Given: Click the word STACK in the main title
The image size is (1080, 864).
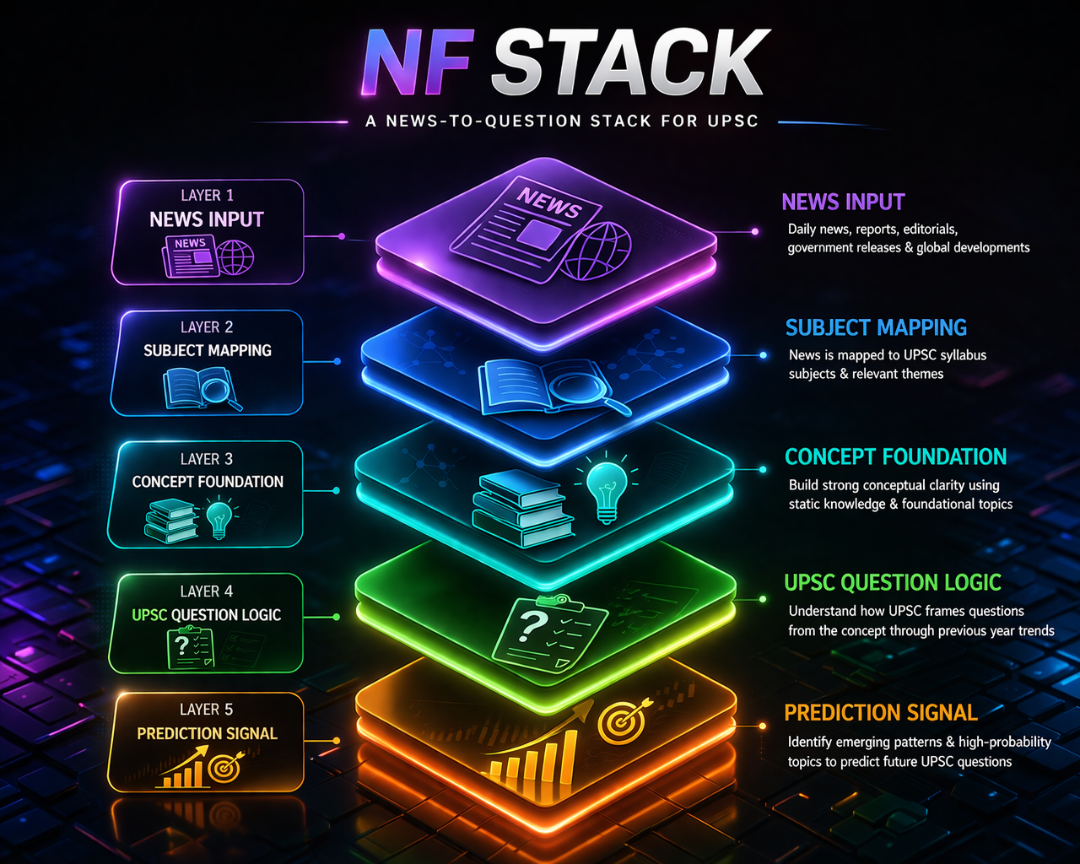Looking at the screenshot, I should [x=629, y=63].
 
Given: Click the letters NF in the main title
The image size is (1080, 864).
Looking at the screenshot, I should [x=418, y=63].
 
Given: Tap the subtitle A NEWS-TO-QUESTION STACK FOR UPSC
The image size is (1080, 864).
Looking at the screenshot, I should [x=562, y=121].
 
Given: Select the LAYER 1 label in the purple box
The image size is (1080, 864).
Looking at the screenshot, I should [x=207, y=195].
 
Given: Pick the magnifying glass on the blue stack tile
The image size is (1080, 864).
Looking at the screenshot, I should [x=581, y=389].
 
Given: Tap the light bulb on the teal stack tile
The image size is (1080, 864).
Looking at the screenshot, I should [x=606, y=489].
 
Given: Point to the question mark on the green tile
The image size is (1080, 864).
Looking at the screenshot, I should [x=532, y=626].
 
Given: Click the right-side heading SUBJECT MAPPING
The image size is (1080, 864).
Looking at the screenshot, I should [x=876, y=327].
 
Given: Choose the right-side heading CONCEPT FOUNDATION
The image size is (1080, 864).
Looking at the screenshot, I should [x=895, y=456].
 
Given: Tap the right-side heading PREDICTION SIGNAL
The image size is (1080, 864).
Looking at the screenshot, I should [x=881, y=713].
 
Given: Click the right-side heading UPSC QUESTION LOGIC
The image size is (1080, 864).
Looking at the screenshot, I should [x=892, y=582].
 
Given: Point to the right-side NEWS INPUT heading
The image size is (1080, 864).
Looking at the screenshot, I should [x=843, y=202].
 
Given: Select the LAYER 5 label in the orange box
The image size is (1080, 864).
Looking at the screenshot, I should [x=206, y=709].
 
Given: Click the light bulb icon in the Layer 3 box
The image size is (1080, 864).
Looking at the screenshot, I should [x=219, y=517].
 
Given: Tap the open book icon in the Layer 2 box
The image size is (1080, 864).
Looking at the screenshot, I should [x=187, y=388].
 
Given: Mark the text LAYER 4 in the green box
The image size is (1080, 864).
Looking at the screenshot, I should [x=206, y=591].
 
